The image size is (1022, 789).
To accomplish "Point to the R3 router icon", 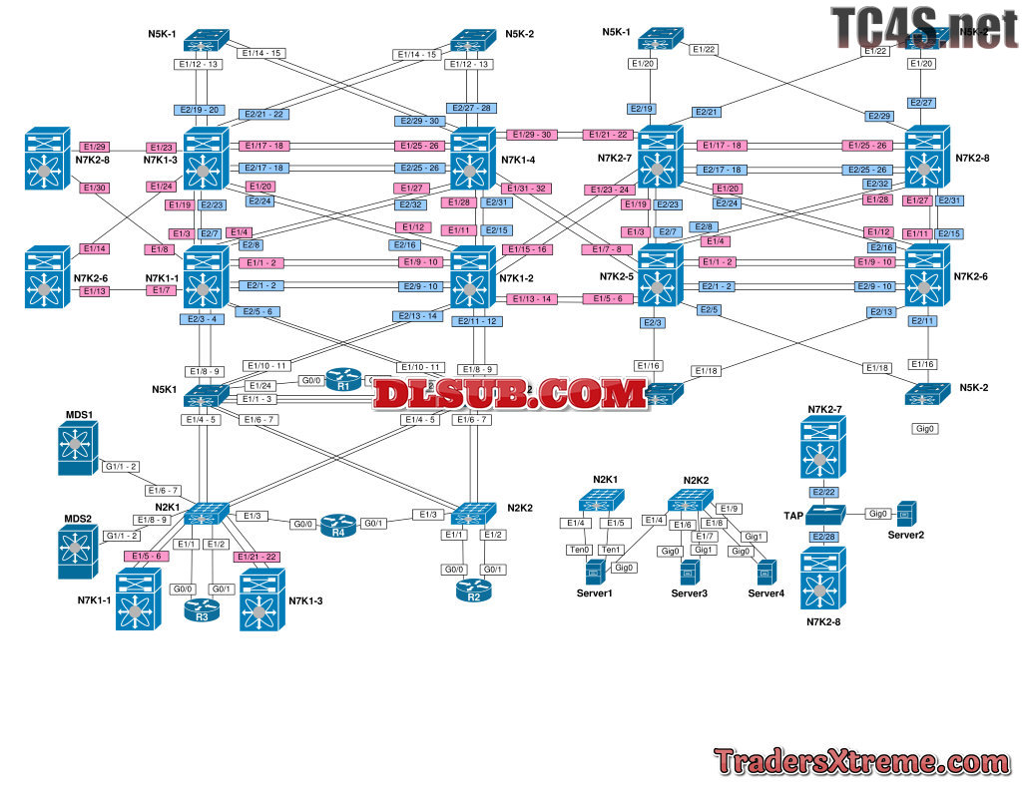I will click(x=201, y=608).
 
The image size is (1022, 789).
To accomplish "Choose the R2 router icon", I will click(x=474, y=588).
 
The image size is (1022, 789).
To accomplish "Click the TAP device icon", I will click(x=824, y=515).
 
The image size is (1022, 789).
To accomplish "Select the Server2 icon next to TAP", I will click(x=905, y=513).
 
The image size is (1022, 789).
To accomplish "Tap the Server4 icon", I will click(x=766, y=573).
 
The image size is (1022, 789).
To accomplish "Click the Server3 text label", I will click(x=689, y=593).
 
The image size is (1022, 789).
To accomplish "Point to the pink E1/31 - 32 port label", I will click(x=526, y=188).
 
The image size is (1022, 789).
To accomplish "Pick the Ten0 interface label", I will click(x=579, y=550).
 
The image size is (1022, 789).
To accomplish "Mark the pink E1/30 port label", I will click(x=95, y=188).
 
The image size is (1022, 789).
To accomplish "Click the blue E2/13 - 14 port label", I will click(x=417, y=316).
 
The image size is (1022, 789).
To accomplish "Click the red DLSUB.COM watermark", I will click(x=511, y=394).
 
